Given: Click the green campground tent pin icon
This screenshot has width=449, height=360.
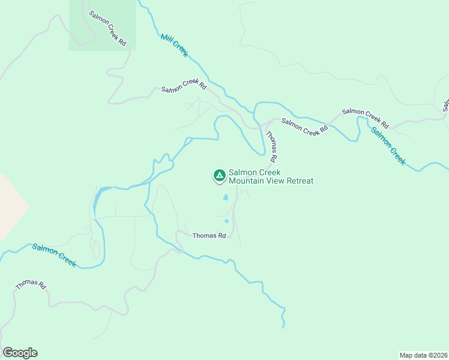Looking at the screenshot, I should [219, 175].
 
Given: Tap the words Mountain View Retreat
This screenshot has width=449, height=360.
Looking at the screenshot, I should [271, 181].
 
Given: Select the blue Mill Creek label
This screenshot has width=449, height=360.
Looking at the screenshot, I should [175, 46].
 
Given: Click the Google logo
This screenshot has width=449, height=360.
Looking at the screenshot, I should [20, 353].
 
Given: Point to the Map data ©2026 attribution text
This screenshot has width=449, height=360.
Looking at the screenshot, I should [423, 355].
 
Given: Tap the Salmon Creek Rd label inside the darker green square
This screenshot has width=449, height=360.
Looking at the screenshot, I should [108, 28].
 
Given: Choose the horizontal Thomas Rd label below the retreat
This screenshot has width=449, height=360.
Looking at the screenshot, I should [209, 236].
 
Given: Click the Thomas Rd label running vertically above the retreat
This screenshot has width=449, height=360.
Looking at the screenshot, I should [271, 148].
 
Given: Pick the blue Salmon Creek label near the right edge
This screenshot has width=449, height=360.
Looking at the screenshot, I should [388, 146].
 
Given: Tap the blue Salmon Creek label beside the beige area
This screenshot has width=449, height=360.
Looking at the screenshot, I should [54, 255].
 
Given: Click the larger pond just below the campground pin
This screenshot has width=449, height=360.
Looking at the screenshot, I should [226, 197].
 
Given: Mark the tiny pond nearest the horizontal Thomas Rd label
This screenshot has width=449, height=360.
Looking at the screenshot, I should [226, 221].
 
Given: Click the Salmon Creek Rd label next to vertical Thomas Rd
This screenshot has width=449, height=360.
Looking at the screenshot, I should [305, 126].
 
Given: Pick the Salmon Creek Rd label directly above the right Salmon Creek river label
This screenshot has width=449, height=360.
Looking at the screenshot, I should [366, 119].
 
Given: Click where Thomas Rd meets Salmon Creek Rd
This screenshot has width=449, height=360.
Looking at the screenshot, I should [264, 126].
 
